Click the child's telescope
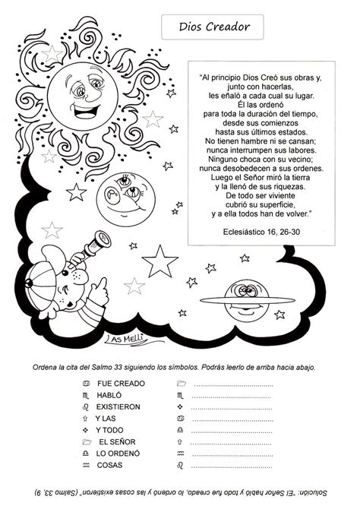[94, 246]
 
